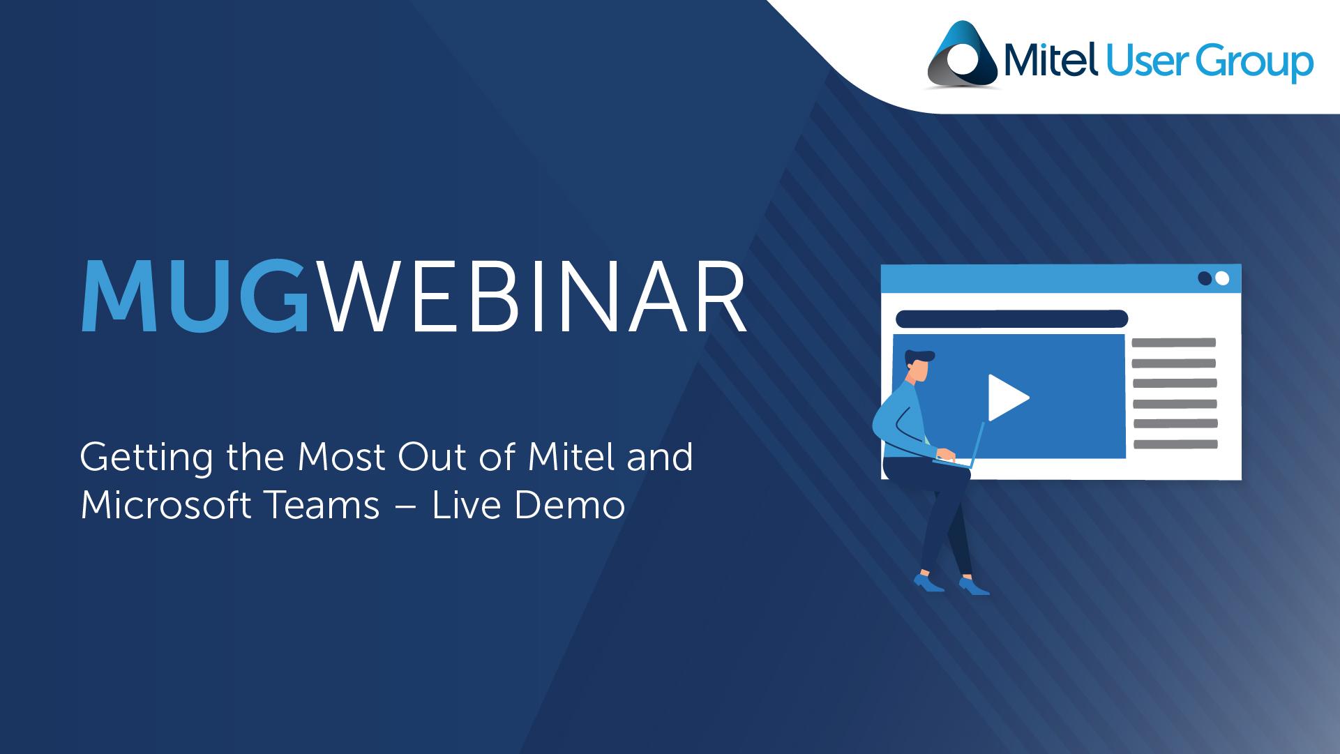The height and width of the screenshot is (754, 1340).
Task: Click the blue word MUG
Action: [195, 296]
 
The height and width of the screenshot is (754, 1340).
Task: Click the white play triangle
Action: [1007, 398]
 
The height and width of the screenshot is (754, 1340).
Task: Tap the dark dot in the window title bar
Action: [1205, 278]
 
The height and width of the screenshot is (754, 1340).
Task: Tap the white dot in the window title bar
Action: [1221, 278]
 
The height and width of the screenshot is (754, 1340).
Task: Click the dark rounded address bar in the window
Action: [1011, 319]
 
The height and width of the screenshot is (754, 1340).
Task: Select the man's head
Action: [919, 366]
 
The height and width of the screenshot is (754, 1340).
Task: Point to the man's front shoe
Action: [973, 586]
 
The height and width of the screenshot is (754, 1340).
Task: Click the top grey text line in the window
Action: [1173, 342]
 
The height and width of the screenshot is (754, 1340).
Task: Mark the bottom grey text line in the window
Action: [1176, 444]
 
